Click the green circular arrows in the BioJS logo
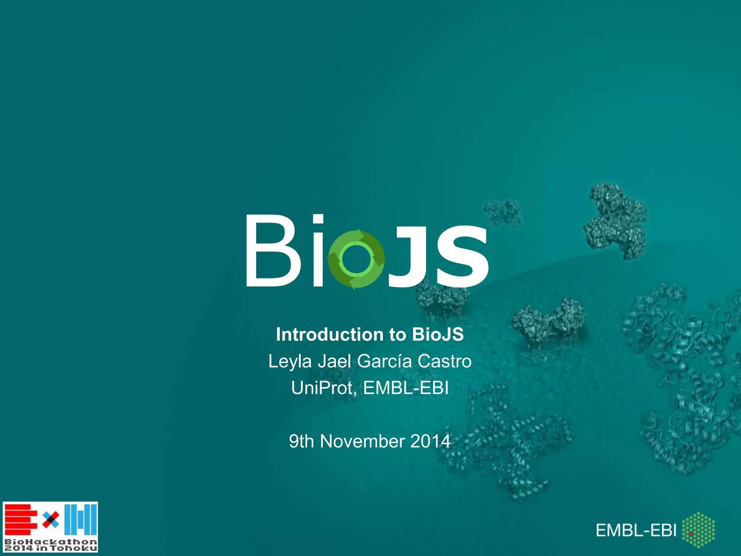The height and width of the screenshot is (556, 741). (x=356, y=259)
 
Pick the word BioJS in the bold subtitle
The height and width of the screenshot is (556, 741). (x=438, y=334)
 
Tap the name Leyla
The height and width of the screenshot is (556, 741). (x=290, y=362)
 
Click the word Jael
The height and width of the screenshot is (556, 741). (x=334, y=361)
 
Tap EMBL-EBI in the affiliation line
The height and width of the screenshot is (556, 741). (x=406, y=388)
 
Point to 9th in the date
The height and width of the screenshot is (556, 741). (x=301, y=441)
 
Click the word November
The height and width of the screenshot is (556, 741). (x=362, y=441)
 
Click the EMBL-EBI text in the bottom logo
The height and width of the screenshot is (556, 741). (x=636, y=531)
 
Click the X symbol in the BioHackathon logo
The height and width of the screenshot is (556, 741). (x=51, y=520)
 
